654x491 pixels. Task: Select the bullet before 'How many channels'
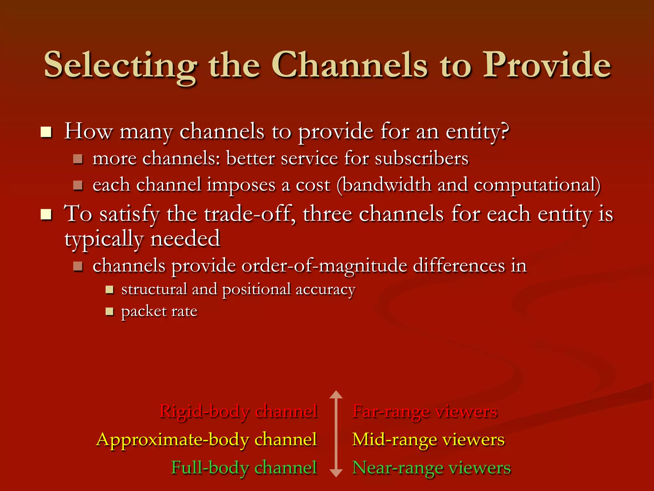coord(46,132)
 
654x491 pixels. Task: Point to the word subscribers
coord(422,159)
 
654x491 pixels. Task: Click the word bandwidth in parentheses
coord(387,185)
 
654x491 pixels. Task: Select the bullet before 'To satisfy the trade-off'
coord(46,214)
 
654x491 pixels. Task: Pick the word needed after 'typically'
coord(185,238)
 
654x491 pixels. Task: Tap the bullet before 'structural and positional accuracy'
coord(110,290)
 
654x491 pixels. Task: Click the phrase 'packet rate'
coord(159,311)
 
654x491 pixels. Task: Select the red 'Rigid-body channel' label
coord(238,411)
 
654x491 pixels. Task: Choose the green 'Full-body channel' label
coord(244,468)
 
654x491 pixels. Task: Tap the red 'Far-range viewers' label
coord(425,411)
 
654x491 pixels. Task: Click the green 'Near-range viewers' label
coord(431,468)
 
